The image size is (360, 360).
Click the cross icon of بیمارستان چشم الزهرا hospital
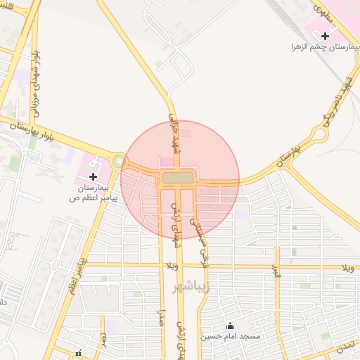[324, 34]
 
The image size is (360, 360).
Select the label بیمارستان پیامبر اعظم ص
[94, 193]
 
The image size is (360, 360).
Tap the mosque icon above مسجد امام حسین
[229, 326]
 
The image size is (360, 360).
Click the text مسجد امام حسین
[231, 337]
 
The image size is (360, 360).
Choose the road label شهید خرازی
[174, 131]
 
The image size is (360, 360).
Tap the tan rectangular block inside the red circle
[179, 177]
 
